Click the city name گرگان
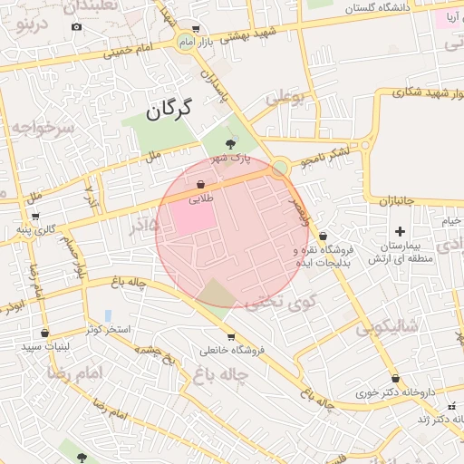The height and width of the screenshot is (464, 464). pos(169,111)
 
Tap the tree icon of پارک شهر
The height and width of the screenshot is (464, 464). pos(231,142)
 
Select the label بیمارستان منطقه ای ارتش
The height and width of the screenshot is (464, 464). pos(400,252)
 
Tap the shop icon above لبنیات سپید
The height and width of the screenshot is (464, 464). pos(44,333)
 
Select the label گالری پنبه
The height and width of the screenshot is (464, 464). pos(35,229)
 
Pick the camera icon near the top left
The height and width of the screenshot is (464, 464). pos(76,26)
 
